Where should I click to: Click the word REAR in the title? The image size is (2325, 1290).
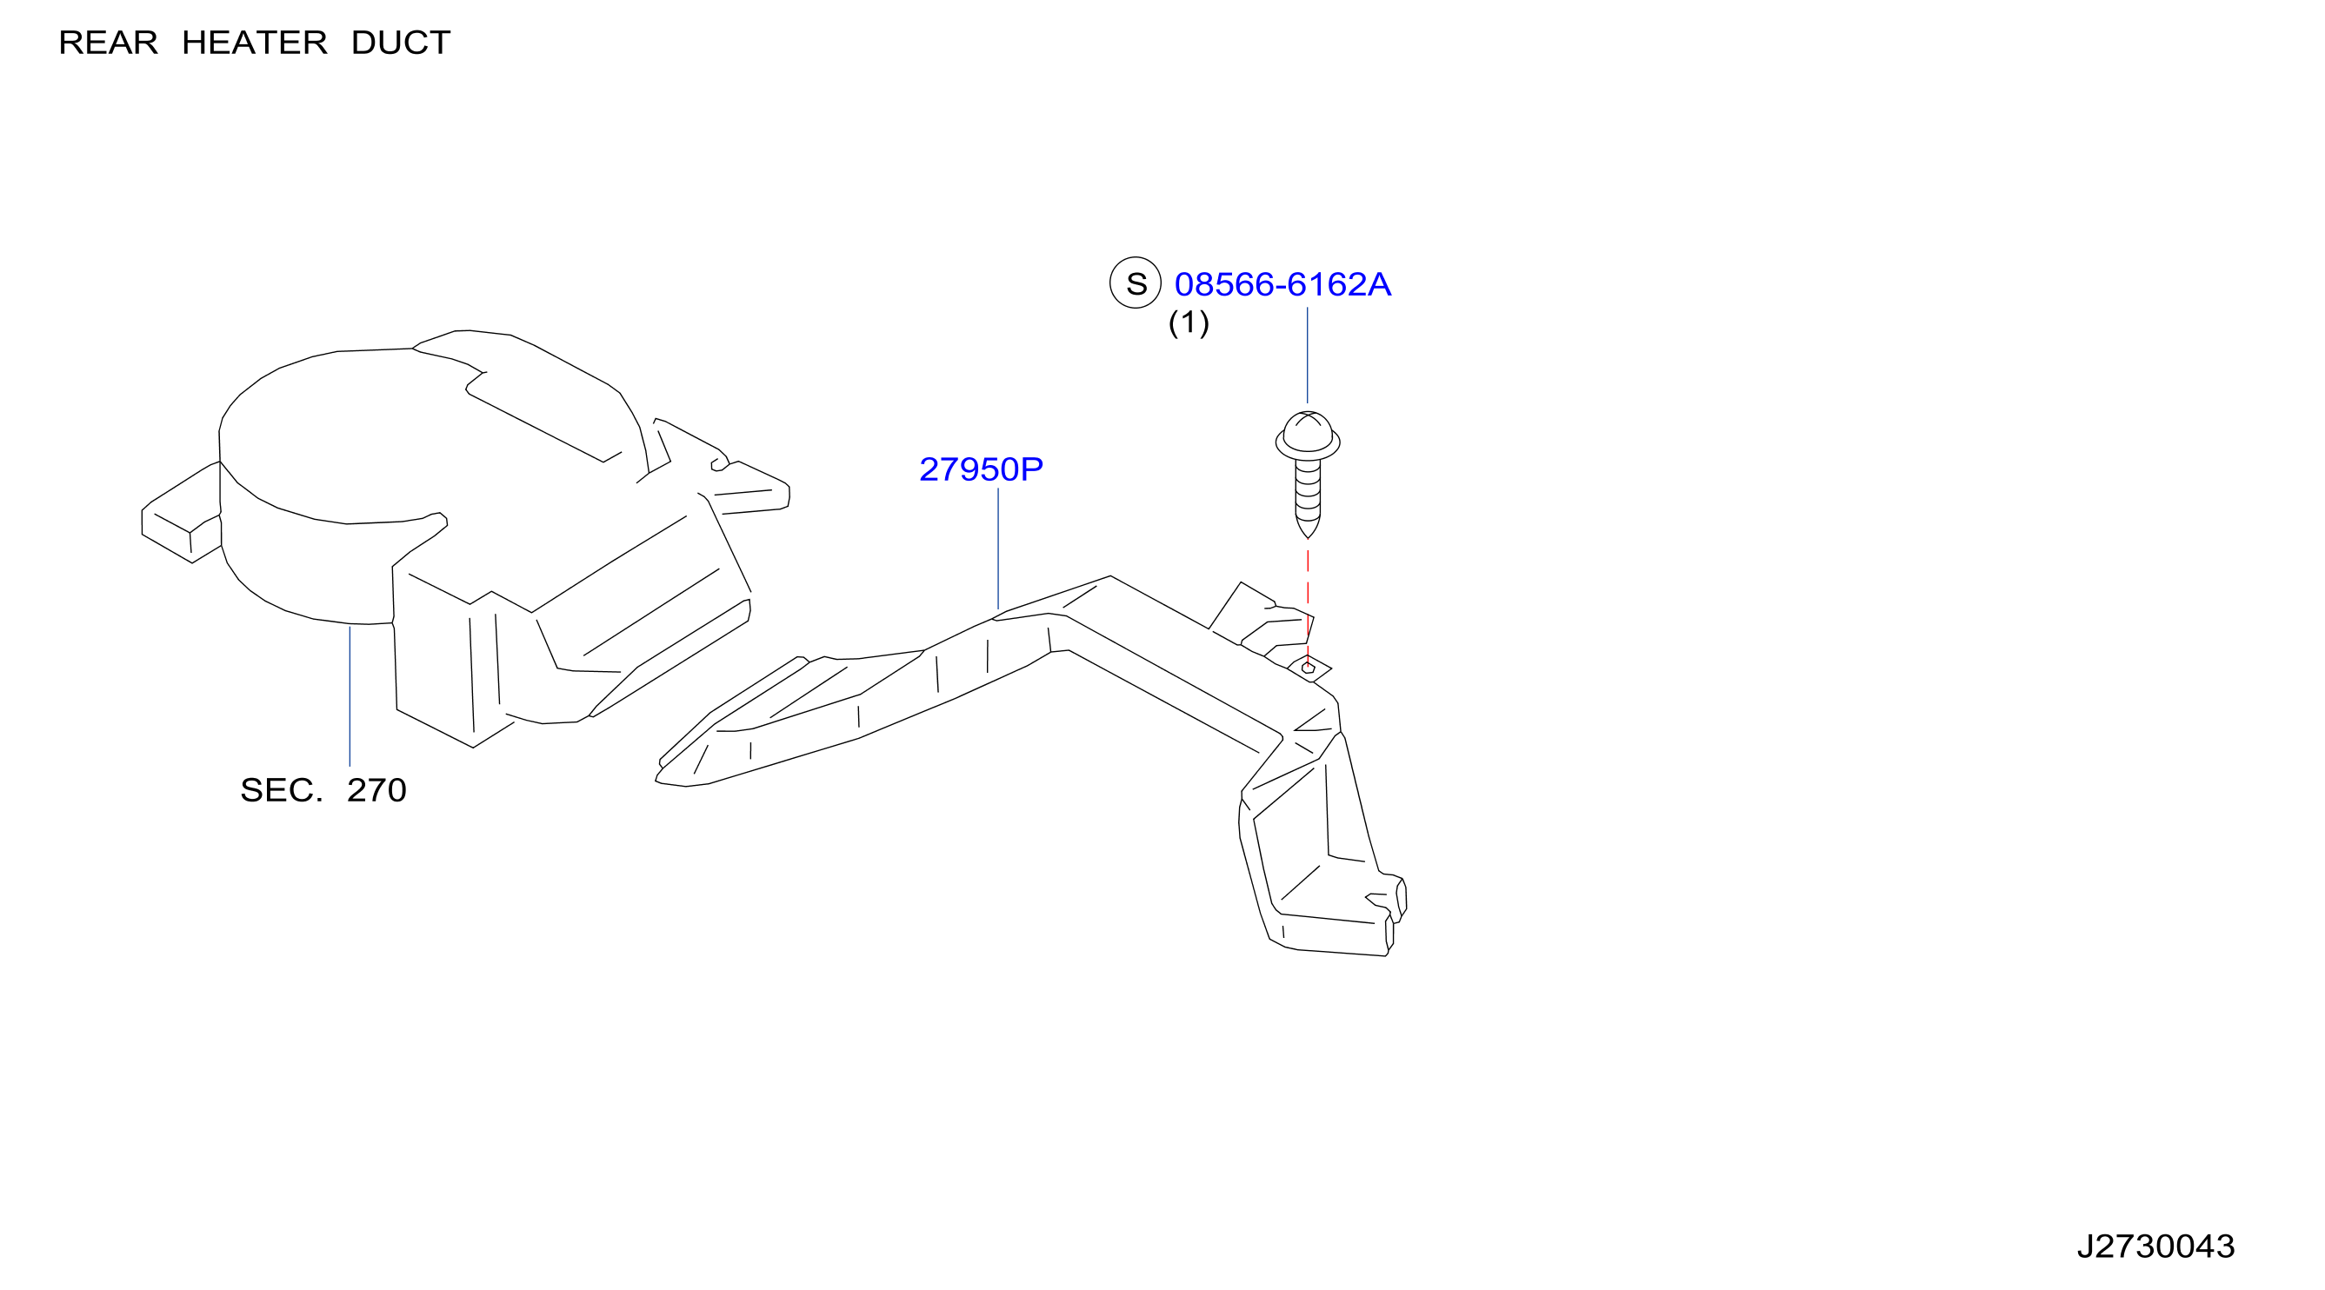[x=109, y=43]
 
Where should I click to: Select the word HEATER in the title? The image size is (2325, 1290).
[x=255, y=43]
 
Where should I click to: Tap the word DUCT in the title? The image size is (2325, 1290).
[x=401, y=43]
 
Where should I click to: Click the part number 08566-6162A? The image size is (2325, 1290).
[x=1282, y=284]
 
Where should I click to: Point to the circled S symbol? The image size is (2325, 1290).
[x=1136, y=283]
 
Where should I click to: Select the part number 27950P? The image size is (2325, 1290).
[x=981, y=469]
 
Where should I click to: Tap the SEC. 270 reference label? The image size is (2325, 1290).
[x=323, y=790]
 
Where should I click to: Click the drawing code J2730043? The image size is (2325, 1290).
[x=2155, y=1247]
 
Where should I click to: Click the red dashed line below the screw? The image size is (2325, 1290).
[x=1308, y=605]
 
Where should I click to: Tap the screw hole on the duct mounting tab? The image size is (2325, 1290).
[x=1308, y=668]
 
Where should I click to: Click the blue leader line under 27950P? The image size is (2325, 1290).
[x=998, y=549]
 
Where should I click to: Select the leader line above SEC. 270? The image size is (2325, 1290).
[x=350, y=696]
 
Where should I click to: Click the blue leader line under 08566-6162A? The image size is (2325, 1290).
[x=1308, y=355]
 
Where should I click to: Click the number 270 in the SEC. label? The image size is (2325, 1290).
[x=376, y=790]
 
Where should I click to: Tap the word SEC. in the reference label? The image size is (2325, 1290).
[x=281, y=790]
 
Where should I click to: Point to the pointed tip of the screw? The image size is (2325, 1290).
[x=1308, y=538]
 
